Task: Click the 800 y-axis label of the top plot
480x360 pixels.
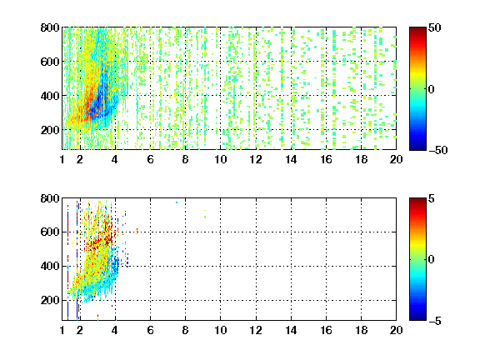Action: click(x=50, y=27)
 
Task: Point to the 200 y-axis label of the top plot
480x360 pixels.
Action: click(x=50, y=130)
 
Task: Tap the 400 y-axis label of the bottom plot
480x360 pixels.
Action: click(x=50, y=266)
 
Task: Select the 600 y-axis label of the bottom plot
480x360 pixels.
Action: click(x=50, y=232)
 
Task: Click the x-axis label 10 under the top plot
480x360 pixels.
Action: click(x=220, y=159)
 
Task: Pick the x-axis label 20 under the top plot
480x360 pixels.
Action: click(x=396, y=159)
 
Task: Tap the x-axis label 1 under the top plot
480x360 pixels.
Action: click(x=62, y=159)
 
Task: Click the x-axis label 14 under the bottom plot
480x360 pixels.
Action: click(x=291, y=330)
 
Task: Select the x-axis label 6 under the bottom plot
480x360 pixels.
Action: click(x=150, y=330)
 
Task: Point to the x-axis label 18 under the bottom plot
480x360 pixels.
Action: click(x=361, y=330)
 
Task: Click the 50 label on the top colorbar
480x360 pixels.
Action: click(x=434, y=27)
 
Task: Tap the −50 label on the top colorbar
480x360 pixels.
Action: click(x=437, y=150)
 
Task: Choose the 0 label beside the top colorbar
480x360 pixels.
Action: click(x=432, y=89)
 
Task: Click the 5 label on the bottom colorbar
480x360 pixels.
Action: click(x=432, y=198)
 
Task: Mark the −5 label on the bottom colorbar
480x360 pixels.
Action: click(x=435, y=321)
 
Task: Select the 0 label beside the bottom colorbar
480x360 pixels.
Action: click(x=432, y=260)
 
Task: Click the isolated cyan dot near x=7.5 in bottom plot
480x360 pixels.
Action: click(x=177, y=202)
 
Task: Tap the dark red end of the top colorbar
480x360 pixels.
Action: click(x=417, y=30)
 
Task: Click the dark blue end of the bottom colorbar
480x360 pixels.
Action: click(x=417, y=317)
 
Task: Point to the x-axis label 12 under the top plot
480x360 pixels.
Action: click(x=256, y=159)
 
